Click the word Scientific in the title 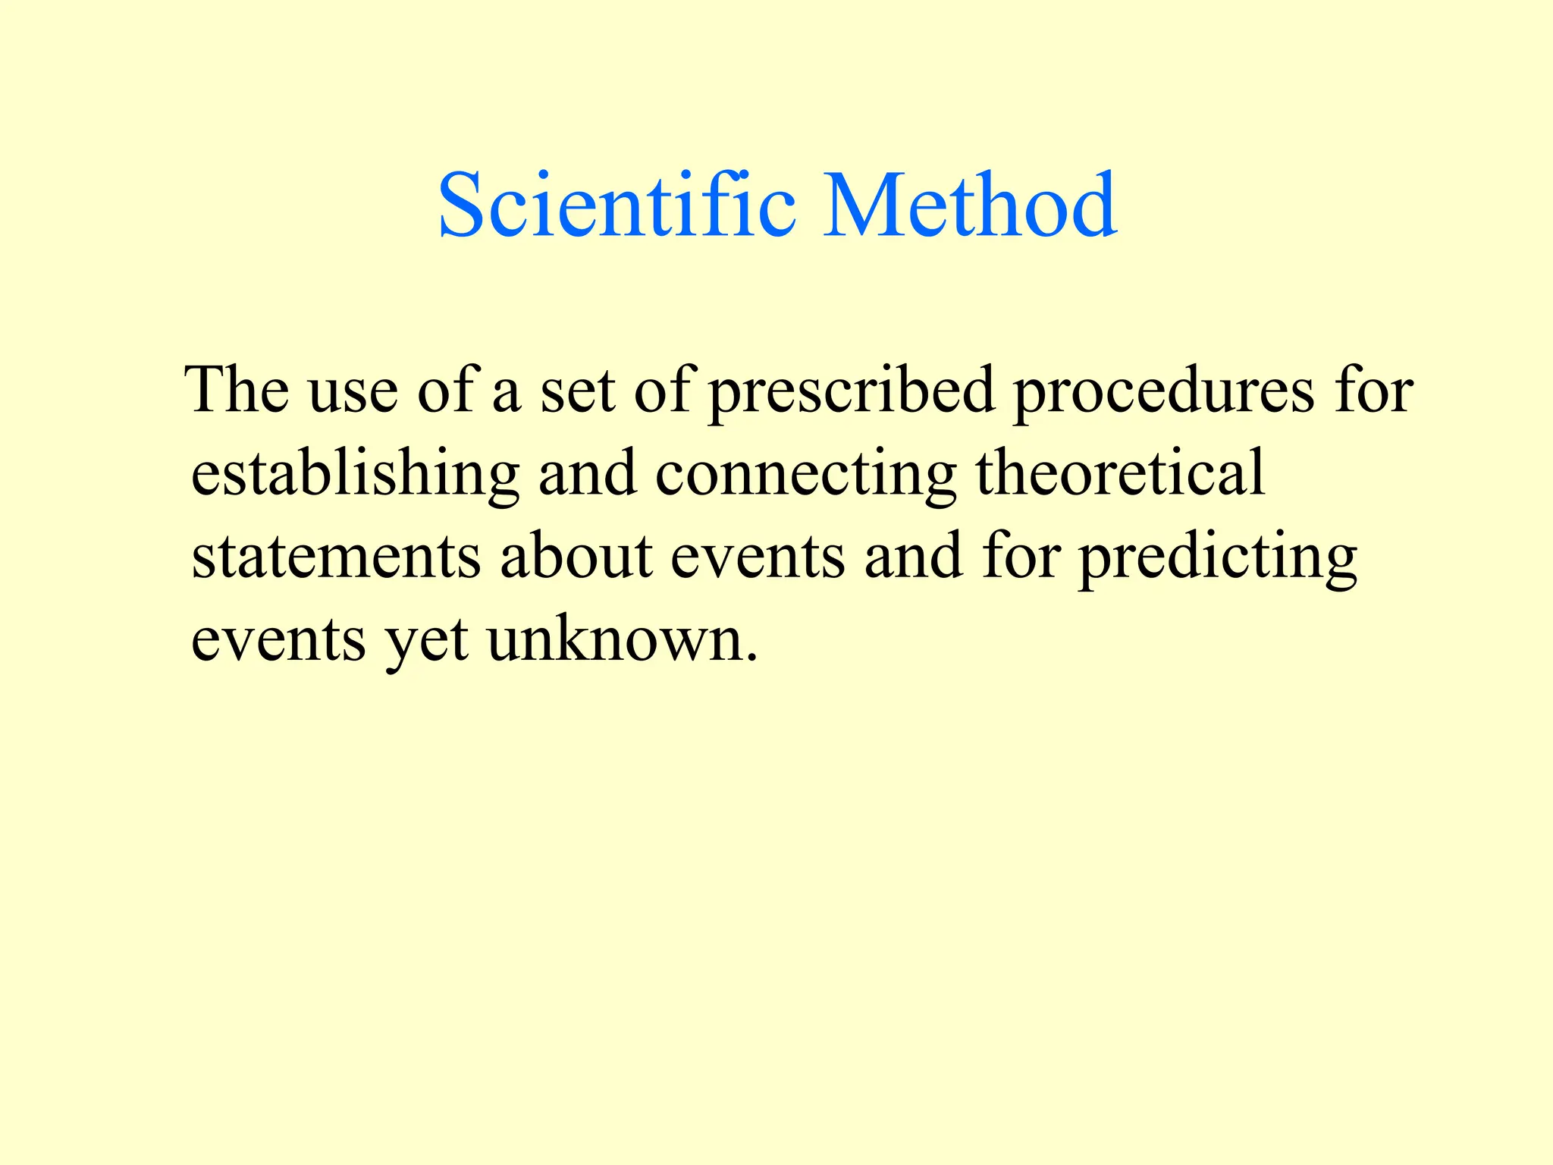[x=616, y=205]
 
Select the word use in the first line [x=353, y=391]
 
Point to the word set [x=577, y=391]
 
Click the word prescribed [x=851, y=391]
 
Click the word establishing [x=355, y=474]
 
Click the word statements [x=336, y=557]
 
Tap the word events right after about [x=758, y=558]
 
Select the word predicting [x=1217, y=558]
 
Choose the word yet [x=426, y=642]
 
